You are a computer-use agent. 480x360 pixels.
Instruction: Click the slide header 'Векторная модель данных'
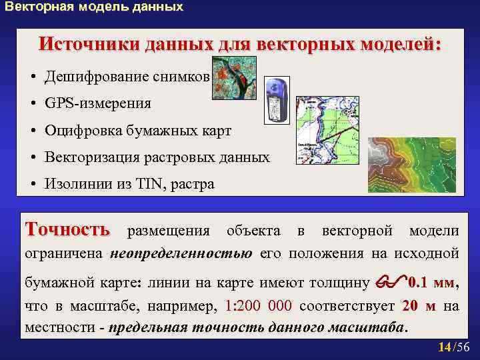tap(93, 8)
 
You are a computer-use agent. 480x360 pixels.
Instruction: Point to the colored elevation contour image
tap(411, 165)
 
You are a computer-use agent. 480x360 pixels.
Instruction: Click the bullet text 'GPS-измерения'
tap(97, 103)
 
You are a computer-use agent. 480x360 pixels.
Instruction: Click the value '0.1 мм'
tap(433, 282)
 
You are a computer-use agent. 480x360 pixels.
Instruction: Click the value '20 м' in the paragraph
tap(420, 306)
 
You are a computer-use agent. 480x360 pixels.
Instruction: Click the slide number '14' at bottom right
tap(444, 347)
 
